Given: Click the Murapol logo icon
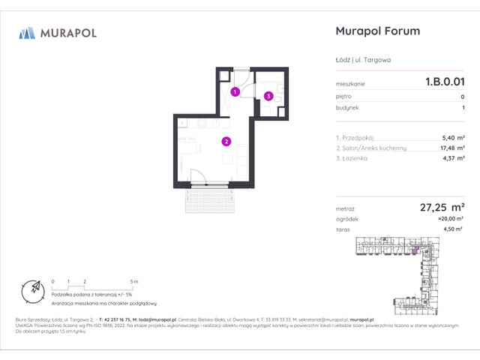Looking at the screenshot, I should (28, 32).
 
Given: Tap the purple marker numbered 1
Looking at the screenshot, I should (235, 92).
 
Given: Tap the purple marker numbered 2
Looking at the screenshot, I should (226, 140).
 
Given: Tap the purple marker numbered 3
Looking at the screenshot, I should (268, 95).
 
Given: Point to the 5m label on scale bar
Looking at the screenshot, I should (134, 281).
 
